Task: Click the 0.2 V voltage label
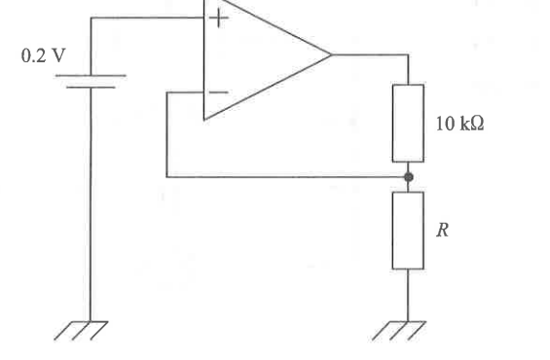coord(44,55)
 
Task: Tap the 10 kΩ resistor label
coord(459,124)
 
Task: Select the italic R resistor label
coord(443,231)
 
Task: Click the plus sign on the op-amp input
coord(218,18)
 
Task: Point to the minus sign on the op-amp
coord(218,92)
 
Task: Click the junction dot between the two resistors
coord(408,177)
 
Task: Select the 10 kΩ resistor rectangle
coord(408,123)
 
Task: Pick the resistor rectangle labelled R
coord(408,231)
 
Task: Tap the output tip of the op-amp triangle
coord(331,54)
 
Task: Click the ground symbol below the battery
coord(81,331)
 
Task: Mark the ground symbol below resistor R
coord(399,331)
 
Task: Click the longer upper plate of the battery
coord(91,75)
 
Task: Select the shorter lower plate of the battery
coord(91,87)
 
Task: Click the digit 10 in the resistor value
coord(446,124)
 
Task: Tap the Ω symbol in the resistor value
coord(477,124)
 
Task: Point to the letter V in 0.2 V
coord(58,55)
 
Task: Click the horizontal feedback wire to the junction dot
coord(287,177)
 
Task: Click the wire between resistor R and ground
coord(408,295)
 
